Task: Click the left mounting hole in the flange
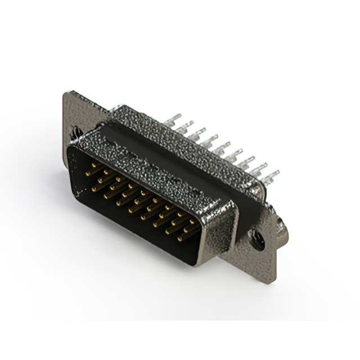[75, 135]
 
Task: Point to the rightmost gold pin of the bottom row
[181, 237]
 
